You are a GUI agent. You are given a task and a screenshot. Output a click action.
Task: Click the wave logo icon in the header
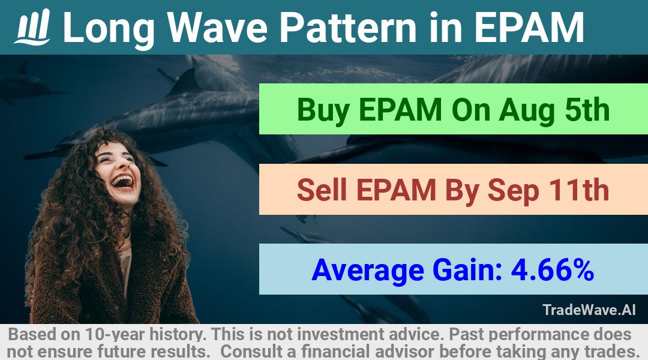click(32, 26)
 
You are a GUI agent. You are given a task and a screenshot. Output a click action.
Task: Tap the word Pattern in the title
click(348, 27)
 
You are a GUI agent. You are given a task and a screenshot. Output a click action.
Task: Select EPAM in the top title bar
click(529, 27)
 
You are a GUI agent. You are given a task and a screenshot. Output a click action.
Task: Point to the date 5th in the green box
click(587, 109)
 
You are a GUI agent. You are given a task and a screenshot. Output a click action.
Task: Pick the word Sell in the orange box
click(322, 190)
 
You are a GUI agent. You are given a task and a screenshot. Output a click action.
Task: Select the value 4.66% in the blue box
click(553, 270)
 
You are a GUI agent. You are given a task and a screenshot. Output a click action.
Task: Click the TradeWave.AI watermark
click(589, 310)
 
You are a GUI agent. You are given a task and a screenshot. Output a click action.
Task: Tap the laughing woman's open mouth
click(123, 182)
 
